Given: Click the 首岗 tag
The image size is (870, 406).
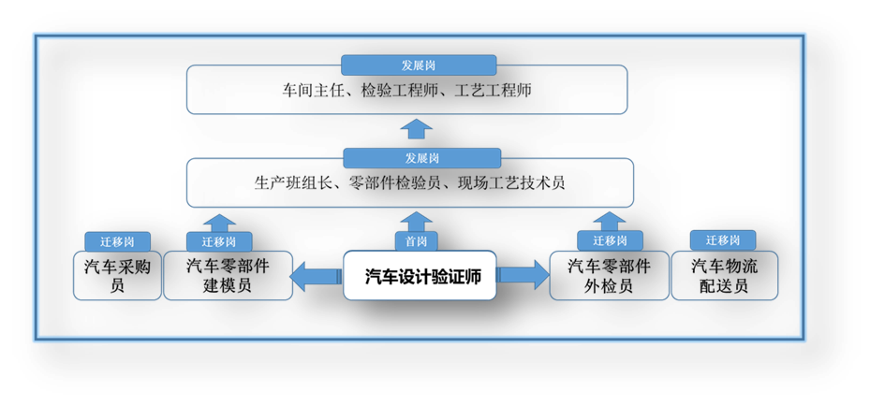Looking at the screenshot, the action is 416,241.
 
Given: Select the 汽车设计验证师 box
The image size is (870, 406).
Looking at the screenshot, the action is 420,275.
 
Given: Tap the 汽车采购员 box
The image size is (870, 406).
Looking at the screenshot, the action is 117,276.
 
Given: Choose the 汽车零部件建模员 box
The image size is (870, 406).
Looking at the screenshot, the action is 228,276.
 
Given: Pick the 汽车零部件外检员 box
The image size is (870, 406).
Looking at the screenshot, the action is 609,276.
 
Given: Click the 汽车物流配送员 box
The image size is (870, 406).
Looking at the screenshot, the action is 725,276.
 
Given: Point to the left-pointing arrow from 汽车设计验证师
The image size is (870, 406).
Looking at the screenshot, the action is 317,276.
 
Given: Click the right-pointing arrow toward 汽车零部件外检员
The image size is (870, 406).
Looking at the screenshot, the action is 523,275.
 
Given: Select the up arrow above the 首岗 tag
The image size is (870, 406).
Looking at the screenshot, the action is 416,222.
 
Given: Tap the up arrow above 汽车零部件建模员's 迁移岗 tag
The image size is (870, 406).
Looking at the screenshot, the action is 219,224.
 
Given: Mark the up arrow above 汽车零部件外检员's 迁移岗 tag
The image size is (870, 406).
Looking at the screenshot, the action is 609,221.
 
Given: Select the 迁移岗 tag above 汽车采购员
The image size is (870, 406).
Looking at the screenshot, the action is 118,241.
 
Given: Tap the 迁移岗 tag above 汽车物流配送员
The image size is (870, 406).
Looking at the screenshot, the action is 723,240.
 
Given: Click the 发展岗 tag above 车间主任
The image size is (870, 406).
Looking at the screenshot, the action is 419,65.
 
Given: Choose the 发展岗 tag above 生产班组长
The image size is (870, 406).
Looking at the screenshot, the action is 422,158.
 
